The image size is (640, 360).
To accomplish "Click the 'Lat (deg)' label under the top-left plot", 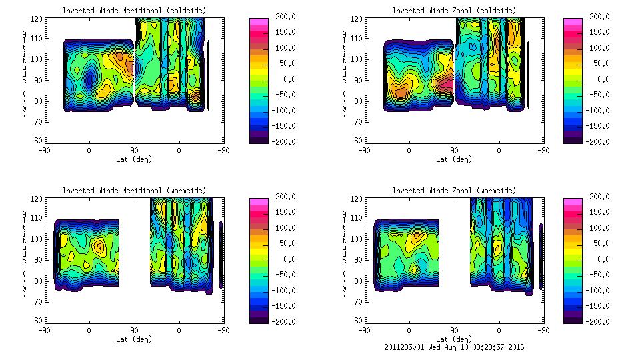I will tap(134, 159).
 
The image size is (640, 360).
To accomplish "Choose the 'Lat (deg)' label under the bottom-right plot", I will tap(455, 339).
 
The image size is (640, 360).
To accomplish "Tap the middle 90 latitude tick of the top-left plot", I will tap(134, 151).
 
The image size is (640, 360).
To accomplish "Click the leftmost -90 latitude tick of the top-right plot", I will tap(363, 151).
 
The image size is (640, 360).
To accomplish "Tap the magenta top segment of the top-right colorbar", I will tap(572, 21).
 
